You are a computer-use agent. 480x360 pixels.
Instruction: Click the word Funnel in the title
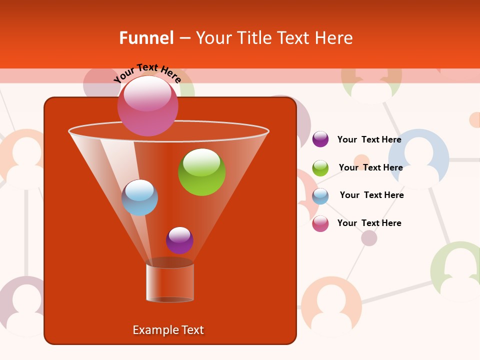tap(146, 38)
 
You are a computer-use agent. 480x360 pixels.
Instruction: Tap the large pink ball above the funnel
tap(147, 105)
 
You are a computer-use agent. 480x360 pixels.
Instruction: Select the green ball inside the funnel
tap(201, 172)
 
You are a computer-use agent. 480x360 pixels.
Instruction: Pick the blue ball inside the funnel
tap(139, 197)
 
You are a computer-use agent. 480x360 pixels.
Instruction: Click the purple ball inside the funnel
tap(179, 240)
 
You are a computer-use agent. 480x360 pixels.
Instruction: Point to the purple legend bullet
tap(320, 139)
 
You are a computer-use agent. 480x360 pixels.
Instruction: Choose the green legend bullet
tap(320, 168)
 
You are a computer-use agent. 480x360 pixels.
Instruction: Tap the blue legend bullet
tap(320, 196)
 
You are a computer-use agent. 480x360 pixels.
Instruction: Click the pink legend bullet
tap(320, 223)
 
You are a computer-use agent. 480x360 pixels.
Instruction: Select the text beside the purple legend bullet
tap(369, 139)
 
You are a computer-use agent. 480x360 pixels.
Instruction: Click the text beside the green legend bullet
tap(370, 167)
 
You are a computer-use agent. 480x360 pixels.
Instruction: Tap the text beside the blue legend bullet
tap(371, 195)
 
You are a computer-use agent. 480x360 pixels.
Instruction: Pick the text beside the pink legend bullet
tap(369, 223)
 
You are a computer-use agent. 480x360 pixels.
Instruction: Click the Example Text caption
tap(168, 330)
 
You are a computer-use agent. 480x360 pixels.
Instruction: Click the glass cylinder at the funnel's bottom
tap(170, 282)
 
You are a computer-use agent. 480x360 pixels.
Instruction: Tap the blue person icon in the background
tap(425, 159)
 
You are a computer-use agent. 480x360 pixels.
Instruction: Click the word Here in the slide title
tap(334, 38)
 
